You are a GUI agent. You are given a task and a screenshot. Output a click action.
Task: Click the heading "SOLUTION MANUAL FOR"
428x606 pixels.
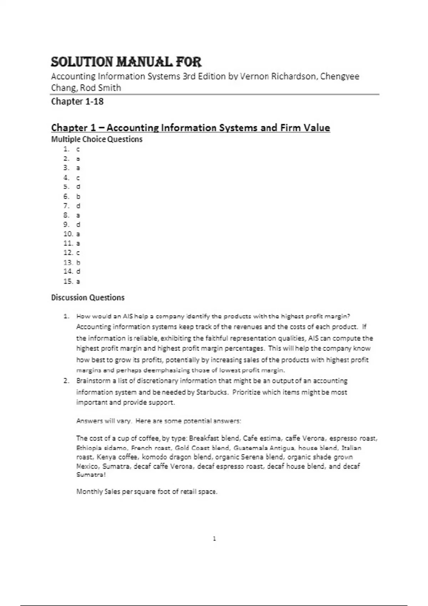tap(126, 62)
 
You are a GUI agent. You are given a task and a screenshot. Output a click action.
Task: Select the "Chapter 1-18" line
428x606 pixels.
tap(77, 102)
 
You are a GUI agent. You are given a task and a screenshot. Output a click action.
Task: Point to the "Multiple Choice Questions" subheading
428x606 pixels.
tap(97, 139)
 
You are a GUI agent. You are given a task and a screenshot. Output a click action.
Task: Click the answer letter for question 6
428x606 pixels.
tap(78, 196)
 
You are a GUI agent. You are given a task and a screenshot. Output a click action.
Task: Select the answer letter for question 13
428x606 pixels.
tap(78, 262)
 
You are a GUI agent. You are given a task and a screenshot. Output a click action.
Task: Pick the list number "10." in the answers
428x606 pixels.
tap(68, 234)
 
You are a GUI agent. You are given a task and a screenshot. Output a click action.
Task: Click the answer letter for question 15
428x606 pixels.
tap(78, 282)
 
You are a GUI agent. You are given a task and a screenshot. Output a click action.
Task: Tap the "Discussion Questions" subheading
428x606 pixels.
tap(88, 298)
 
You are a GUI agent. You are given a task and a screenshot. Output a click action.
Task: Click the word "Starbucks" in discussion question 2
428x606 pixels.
tap(212, 392)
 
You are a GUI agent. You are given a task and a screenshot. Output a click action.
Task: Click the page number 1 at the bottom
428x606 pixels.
tap(214, 539)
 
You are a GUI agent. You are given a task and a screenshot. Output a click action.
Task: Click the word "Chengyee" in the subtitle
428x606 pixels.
tap(340, 77)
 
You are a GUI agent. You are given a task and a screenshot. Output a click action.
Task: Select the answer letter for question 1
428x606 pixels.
tap(78, 149)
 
